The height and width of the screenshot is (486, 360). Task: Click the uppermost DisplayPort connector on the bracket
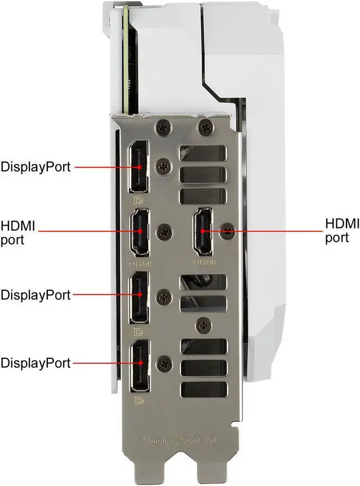point(138,167)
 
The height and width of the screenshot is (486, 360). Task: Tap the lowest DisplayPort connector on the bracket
point(139,366)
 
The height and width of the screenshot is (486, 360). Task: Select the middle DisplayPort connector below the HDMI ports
point(139,298)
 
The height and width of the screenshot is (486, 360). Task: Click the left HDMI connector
point(140,232)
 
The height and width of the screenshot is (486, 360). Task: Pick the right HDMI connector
point(203,231)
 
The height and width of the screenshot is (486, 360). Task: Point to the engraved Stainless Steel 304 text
point(179,440)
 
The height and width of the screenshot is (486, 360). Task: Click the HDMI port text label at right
point(342,231)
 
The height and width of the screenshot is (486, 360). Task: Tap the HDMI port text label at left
point(17,233)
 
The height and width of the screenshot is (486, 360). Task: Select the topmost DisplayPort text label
point(35,167)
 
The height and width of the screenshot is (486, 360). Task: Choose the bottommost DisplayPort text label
point(35,363)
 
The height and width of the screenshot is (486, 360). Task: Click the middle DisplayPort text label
point(35,295)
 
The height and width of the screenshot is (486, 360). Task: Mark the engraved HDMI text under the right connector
point(204,263)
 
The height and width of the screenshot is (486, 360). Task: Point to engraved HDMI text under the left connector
point(140,264)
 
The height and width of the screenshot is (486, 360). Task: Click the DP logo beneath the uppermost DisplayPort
point(138,201)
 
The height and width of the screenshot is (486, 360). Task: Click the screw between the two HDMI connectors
point(165,232)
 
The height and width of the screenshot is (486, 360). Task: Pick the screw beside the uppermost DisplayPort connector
point(164,166)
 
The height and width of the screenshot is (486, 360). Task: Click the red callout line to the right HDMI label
point(262,231)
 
